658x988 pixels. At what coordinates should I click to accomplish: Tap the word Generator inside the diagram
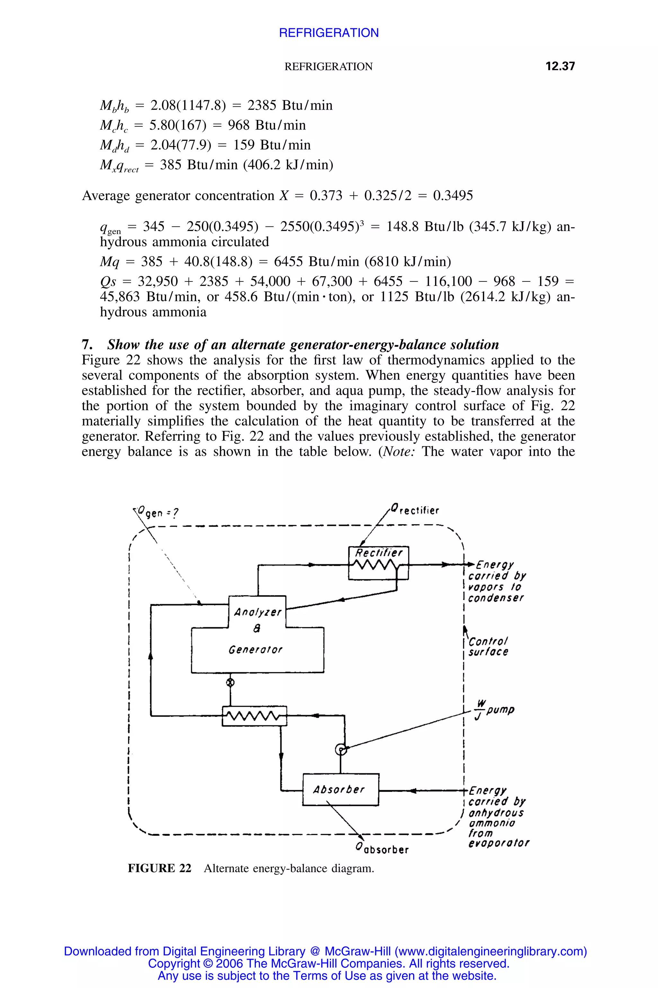click(255, 650)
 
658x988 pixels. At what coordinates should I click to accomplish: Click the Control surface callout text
click(488, 647)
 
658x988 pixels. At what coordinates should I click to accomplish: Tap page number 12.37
click(560, 66)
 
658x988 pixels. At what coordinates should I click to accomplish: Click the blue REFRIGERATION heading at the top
click(329, 33)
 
